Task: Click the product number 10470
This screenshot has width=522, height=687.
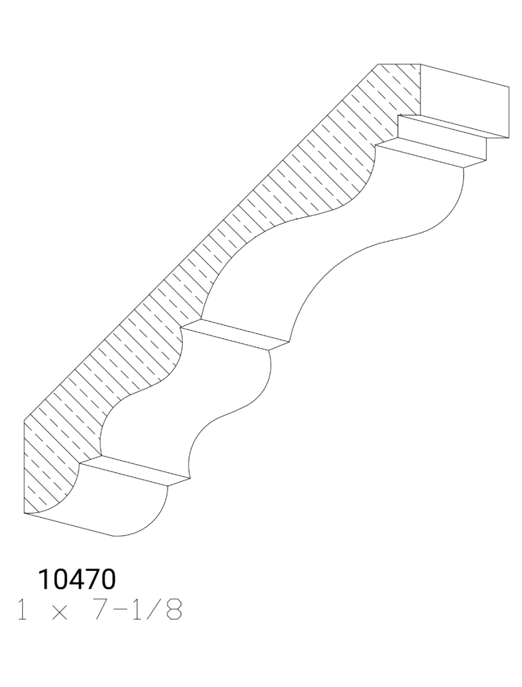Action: tap(77, 580)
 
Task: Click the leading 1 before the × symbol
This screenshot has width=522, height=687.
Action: tap(23, 611)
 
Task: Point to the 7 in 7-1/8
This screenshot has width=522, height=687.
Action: tap(101, 611)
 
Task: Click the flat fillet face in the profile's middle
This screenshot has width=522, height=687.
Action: tap(235, 335)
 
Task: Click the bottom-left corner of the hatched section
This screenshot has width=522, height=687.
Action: tap(24, 513)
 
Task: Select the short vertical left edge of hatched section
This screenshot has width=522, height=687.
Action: tap(24, 467)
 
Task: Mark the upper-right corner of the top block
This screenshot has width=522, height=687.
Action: tap(509, 87)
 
